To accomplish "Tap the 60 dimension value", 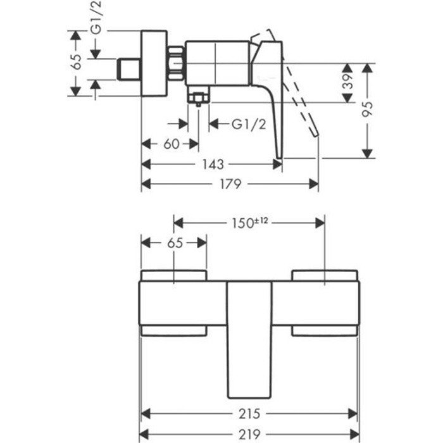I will click(172, 144).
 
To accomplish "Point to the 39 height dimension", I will click(347, 82).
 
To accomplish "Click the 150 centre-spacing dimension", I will click(242, 223).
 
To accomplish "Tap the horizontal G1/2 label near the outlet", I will click(248, 124).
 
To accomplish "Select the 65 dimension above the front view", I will click(174, 244).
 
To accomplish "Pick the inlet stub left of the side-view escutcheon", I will click(129, 69).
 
